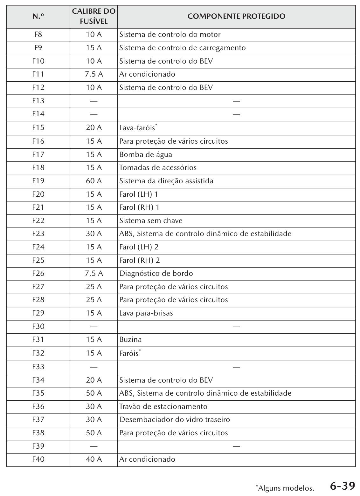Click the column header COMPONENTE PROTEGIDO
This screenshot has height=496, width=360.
[x=236, y=17]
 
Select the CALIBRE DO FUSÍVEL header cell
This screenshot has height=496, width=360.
[x=94, y=17]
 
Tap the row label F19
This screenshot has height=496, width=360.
[x=38, y=181]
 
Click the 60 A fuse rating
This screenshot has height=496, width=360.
[x=94, y=181]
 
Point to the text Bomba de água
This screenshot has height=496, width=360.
[x=146, y=154]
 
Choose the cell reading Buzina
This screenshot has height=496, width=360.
[x=130, y=339]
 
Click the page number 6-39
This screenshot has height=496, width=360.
[x=342, y=486]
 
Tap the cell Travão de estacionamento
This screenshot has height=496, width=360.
[x=163, y=406]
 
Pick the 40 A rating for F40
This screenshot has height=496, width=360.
[x=94, y=459]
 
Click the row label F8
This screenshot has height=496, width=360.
[x=38, y=34]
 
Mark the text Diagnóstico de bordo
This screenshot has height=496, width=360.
[x=156, y=273]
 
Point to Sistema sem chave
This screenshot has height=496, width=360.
[x=151, y=221]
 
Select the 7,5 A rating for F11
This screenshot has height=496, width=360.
[x=94, y=74]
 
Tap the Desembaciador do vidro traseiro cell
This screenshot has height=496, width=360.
[x=174, y=419]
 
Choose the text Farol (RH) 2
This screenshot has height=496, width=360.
[x=139, y=260]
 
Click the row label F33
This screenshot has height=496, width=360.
[x=38, y=367]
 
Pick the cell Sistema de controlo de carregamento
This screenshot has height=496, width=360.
[x=182, y=48]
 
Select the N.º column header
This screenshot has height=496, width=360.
[x=38, y=17]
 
